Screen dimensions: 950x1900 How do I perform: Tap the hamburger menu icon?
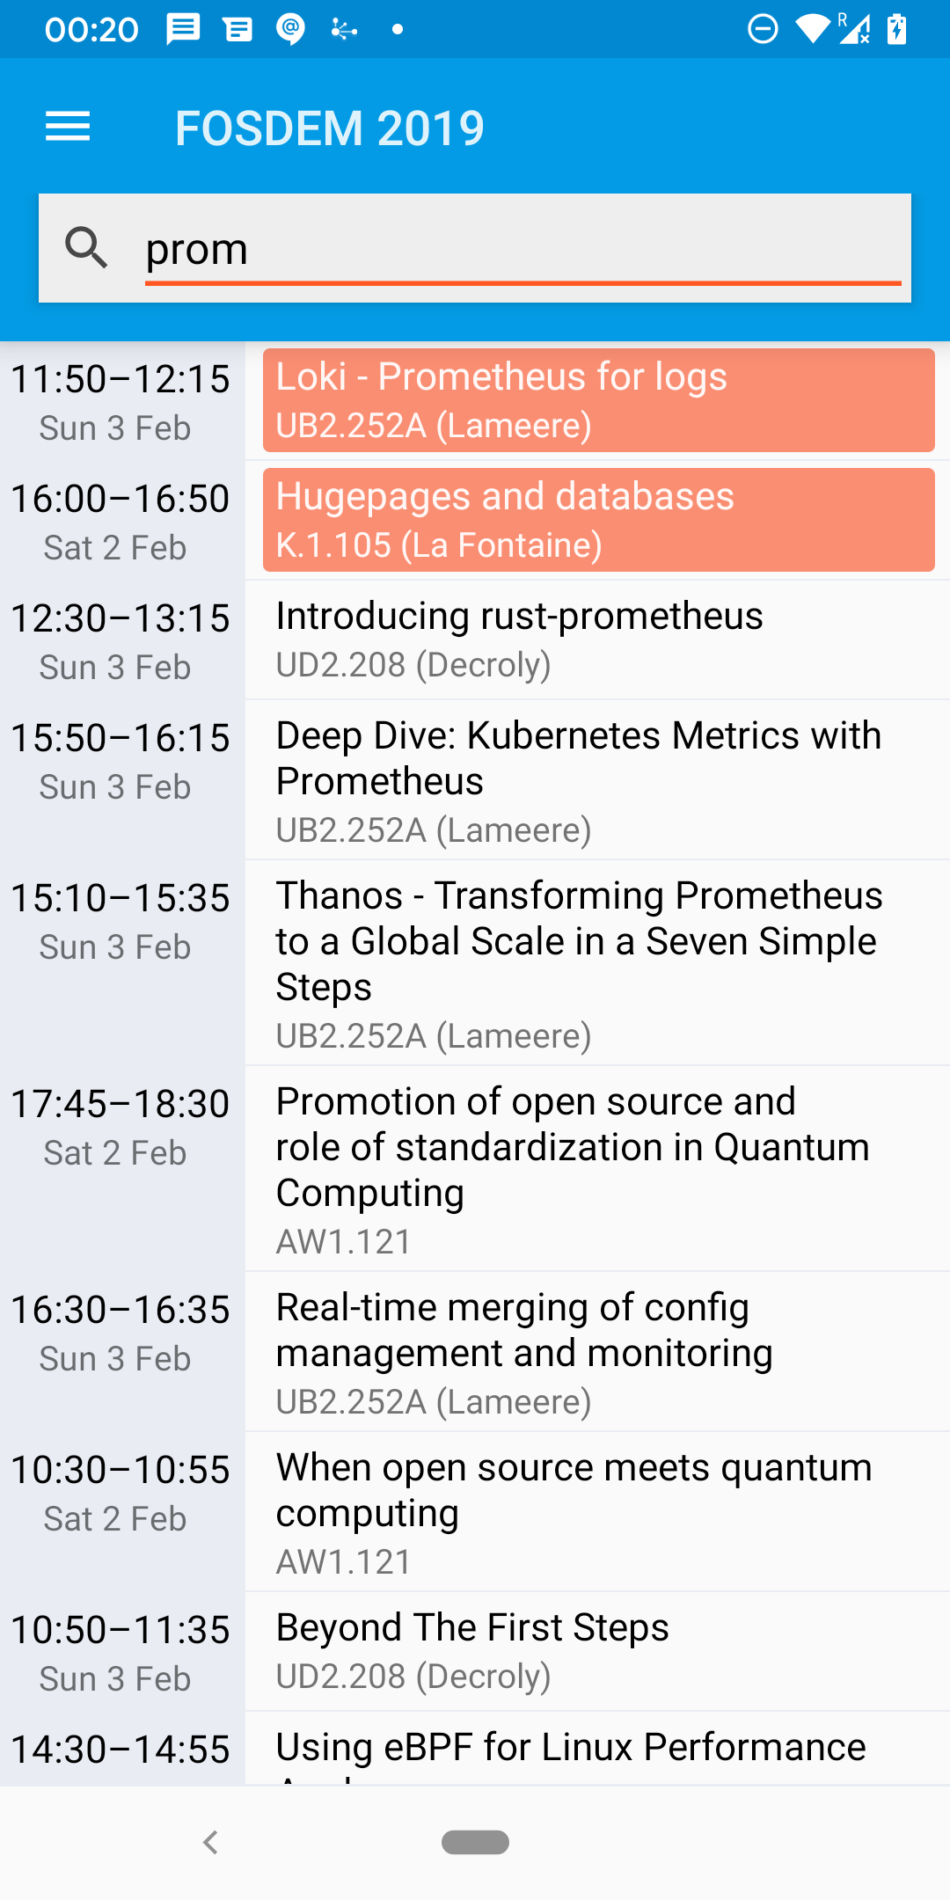[68, 127]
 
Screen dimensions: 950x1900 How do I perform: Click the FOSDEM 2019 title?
[330, 128]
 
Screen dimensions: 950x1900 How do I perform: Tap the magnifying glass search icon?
[86, 247]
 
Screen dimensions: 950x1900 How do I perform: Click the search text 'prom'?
[196, 249]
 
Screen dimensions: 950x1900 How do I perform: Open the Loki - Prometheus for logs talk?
[501, 376]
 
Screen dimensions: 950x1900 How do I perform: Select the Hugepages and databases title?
[505, 496]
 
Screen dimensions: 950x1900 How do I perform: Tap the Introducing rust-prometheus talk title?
[519, 616]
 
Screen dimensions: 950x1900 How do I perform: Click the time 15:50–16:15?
[120, 738]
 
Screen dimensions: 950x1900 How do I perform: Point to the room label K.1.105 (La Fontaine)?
[439, 545]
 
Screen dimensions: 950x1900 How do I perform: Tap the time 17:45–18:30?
[120, 1104]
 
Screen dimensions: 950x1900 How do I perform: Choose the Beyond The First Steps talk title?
[472, 1627]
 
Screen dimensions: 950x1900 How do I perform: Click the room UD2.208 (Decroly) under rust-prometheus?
[413, 665]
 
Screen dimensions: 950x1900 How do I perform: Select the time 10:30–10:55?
[120, 1470]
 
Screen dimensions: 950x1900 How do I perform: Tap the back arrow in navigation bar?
[210, 1842]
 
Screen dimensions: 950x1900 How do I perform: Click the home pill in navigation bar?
[475, 1842]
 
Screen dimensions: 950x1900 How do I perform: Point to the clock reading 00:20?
[91, 30]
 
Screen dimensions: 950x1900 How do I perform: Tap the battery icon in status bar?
[896, 29]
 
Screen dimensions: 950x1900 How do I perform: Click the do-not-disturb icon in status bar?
[763, 29]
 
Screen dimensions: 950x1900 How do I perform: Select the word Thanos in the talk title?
[340, 895]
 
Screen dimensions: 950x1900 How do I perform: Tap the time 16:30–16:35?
[120, 1310]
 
